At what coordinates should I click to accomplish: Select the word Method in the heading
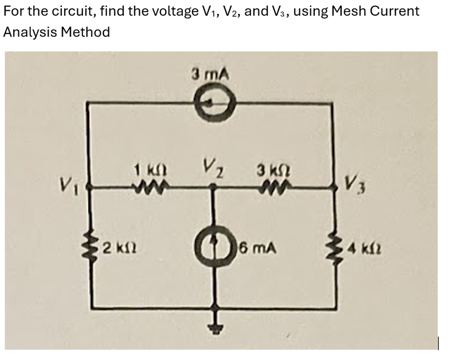pyautogui.click(x=85, y=32)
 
